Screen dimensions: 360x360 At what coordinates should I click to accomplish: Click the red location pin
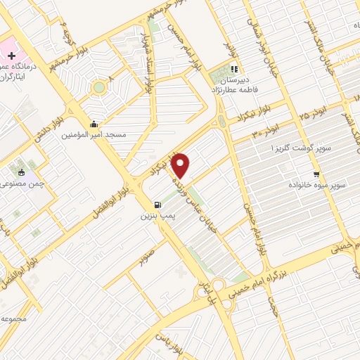pos(181,166)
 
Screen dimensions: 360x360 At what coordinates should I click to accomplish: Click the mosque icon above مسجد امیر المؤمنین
pos(94,124)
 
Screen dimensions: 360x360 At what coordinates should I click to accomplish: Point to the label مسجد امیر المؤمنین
pos(94,134)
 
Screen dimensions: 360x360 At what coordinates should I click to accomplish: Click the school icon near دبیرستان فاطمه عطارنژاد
pos(234,70)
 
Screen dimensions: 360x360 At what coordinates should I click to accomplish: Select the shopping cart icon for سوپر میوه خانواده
pos(316,174)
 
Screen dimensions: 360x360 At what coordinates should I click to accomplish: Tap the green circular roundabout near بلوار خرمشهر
pos(98,88)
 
